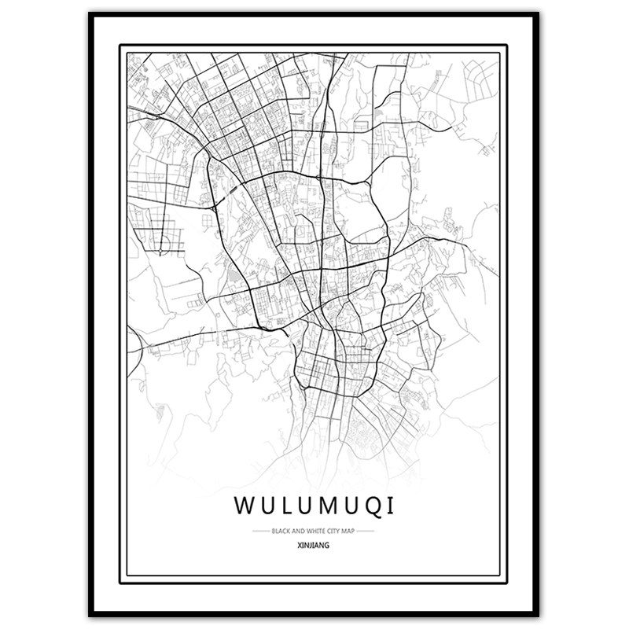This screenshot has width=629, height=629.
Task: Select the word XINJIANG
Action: [x=314, y=543]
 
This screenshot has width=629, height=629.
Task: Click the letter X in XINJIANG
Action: [x=301, y=543]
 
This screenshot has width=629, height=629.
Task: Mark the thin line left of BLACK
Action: [x=260, y=531]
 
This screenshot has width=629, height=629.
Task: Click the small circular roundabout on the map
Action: [x=161, y=252]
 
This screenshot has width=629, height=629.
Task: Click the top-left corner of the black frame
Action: [x=91, y=15]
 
